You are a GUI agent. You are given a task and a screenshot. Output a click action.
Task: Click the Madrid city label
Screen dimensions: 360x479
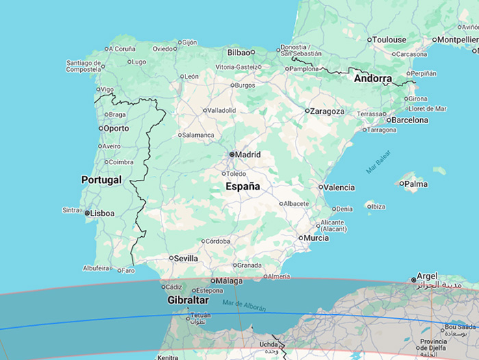pos(248,155)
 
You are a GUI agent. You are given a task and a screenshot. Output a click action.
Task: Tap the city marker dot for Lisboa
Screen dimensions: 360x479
pos(88,214)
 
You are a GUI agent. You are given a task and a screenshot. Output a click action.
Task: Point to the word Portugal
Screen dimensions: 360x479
pos(101,180)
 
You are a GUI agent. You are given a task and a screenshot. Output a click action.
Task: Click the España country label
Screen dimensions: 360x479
pos(243,186)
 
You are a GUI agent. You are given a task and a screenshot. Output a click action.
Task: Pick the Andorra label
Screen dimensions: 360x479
pos(373,79)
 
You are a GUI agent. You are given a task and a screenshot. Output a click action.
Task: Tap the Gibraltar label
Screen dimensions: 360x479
pos(187,300)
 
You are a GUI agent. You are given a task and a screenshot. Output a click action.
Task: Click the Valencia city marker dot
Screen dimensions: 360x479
pos(321,187)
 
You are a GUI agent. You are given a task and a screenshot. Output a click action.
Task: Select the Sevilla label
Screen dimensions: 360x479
pos(186,259)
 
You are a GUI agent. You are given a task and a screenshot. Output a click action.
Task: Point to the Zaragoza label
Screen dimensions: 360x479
pos(327,111)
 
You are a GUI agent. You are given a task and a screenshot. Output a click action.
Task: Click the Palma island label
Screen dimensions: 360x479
pos(416,183)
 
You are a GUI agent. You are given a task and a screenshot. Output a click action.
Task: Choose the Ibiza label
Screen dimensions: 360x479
pos(378,207)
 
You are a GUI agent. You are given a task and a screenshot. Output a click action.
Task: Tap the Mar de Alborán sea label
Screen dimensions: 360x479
pos(244,305)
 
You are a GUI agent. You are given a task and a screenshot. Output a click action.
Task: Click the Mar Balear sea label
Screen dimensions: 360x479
pos(378,162)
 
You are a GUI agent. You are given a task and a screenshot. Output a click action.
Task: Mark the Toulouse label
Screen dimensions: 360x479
pos(390,40)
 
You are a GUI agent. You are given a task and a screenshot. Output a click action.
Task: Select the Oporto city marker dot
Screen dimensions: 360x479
pos(101,128)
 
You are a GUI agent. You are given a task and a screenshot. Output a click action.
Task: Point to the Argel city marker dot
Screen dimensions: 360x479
pos(413,279)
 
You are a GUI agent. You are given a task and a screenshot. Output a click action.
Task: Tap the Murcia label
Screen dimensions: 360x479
pos(316,238)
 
